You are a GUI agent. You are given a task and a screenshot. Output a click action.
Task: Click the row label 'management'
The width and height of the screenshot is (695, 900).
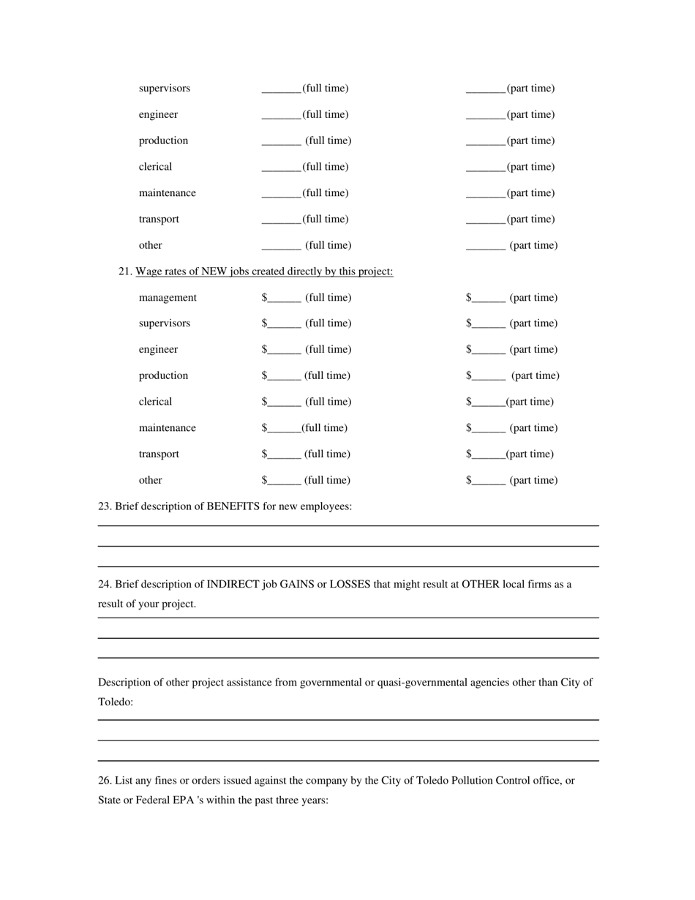[168, 298]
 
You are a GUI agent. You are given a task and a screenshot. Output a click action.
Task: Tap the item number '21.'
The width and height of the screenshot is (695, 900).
[125, 271]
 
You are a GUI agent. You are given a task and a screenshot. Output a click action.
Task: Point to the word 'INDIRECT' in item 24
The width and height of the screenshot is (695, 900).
[233, 585]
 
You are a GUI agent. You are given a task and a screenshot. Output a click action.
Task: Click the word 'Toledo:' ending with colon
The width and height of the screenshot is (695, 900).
[116, 702]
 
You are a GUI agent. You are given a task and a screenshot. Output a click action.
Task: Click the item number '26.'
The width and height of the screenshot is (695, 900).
[105, 781]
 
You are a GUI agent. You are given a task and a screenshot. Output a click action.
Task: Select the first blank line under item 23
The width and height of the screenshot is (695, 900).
[348, 525]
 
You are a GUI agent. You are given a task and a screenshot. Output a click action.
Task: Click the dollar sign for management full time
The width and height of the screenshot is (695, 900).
[264, 298]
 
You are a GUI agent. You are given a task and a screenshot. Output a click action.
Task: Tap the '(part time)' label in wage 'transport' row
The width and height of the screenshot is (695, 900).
[530, 454]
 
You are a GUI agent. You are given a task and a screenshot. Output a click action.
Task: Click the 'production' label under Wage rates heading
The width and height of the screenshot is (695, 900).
[163, 376]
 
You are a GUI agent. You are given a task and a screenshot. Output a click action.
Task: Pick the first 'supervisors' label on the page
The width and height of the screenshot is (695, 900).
[165, 89]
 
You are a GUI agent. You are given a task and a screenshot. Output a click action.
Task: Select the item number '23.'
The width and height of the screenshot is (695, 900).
[105, 506]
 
